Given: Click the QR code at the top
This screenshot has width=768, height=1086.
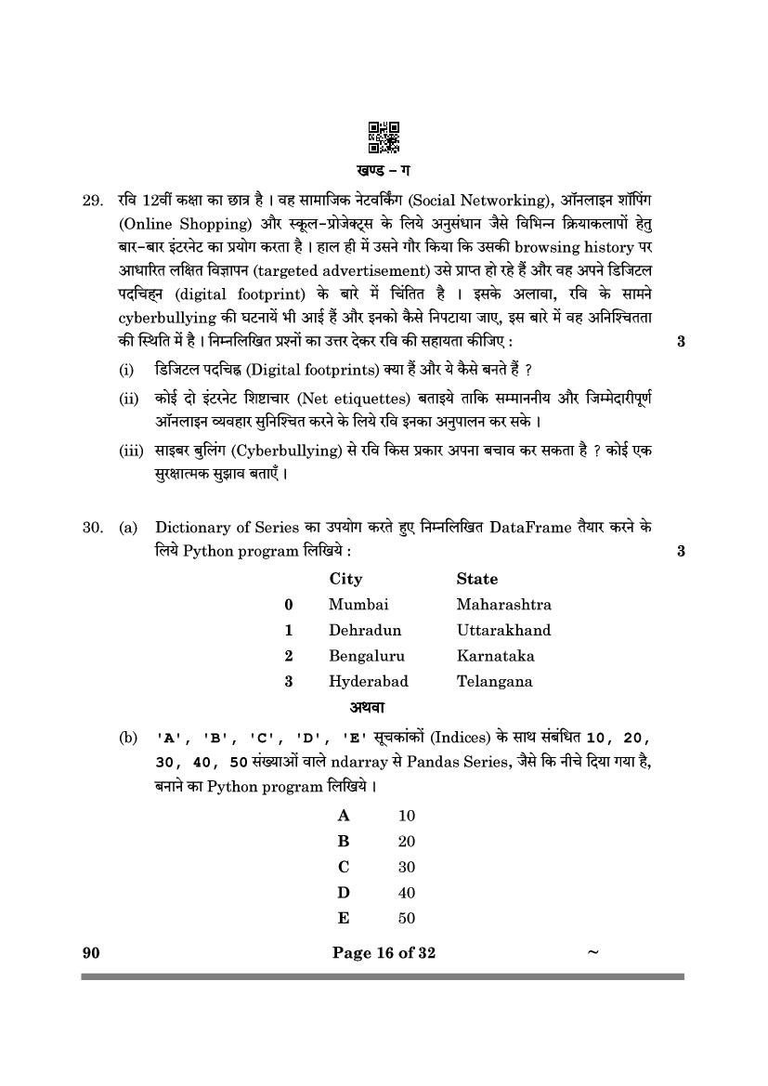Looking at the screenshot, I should pyautogui.click(x=384, y=137).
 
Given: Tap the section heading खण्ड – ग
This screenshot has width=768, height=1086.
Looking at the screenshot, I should pyautogui.click(x=384, y=170).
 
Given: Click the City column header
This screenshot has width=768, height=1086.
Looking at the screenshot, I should pyautogui.click(x=345, y=579).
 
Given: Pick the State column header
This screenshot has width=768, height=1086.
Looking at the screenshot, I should pyautogui.click(x=476, y=579).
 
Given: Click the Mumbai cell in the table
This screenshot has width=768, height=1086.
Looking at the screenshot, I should pyautogui.click(x=358, y=604).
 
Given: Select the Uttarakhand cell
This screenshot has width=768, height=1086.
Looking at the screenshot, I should pyautogui.click(x=503, y=630).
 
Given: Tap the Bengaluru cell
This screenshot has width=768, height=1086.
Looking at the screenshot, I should pyautogui.click(x=367, y=656).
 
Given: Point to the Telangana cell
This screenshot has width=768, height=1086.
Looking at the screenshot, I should pyautogui.click(x=494, y=681).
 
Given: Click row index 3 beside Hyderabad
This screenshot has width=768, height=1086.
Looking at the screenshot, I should pyautogui.click(x=289, y=681).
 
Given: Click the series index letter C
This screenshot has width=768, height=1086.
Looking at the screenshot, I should pyautogui.click(x=344, y=868).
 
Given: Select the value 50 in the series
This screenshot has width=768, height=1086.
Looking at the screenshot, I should pyautogui.click(x=406, y=919).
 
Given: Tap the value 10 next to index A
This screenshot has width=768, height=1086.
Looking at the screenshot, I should pyautogui.click(x=406, y=817).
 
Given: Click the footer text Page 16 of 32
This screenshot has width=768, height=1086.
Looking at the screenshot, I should pyautogui.click(x=384, y=952).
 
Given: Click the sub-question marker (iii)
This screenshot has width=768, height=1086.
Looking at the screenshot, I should pyautogui.click(x=131, y=451).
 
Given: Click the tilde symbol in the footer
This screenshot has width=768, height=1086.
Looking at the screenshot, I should pyautogui.click(x=592, y=951).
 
